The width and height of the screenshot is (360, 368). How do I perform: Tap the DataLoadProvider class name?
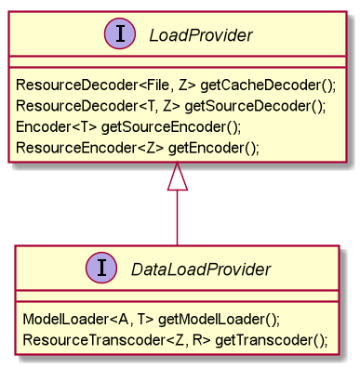[x=200, y=269]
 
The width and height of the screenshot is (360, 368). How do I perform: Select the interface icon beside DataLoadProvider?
[x=102, y=269]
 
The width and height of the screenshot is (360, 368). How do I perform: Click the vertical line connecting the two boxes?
[x=178, y=218]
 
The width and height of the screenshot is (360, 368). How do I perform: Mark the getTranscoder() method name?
[x=271, y=339]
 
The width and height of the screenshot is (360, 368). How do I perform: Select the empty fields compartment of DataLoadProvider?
[x=177, y=295]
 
